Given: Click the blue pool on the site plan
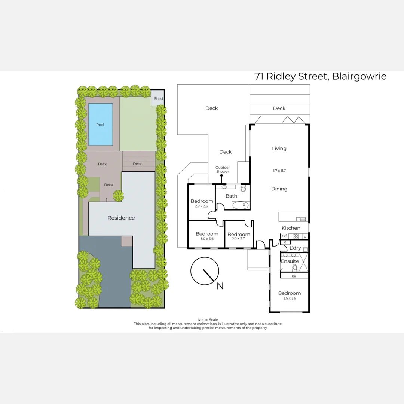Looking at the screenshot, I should tap(100, 124).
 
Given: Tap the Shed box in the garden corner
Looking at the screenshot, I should tap(158, 99).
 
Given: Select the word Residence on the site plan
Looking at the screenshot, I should tap(121, 218).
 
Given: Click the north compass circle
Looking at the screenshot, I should tap(204, 271).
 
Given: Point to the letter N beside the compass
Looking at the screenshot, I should tap(220, 286).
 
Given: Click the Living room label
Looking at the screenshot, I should tap(279, 149).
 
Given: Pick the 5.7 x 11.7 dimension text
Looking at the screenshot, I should tap(279, 170).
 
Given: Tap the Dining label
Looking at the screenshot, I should tap(279, 189).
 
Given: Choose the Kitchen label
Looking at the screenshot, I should tap(291, 228).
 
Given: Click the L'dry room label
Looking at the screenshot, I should tap(295, 248).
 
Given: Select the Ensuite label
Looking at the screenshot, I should tap(290, 261).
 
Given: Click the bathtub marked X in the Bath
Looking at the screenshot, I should tap(241, 205).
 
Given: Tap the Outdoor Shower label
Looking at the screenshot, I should tap(222, 169).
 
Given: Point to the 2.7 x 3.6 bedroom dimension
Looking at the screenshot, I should tap(202, 206).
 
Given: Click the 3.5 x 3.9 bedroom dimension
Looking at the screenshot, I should tap(289, 298).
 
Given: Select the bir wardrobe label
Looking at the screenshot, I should tap(294, 276).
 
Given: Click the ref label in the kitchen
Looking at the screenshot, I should tap(284, 235).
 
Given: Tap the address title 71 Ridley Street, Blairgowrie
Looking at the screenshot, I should tap(320, 76).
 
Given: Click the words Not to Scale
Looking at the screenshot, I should tap(208, 320).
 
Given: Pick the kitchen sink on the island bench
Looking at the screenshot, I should tap(301, 219).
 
